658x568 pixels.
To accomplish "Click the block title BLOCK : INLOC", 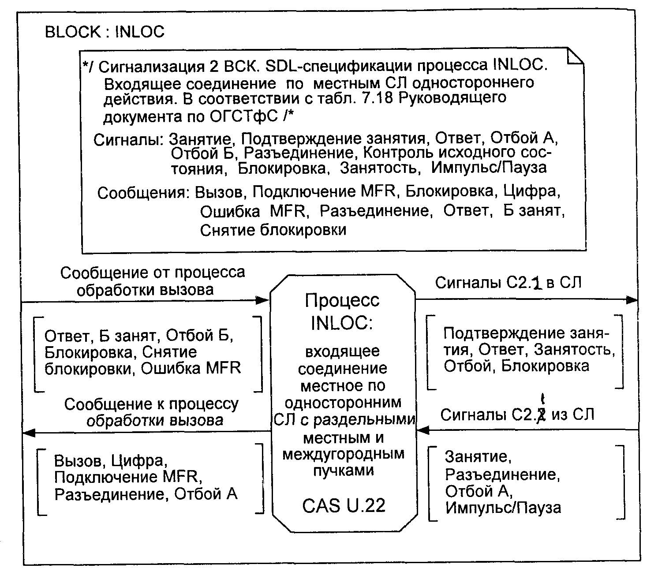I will point(105,32).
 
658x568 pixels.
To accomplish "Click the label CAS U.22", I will point(344,505).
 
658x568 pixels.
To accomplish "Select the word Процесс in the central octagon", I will point(342,301).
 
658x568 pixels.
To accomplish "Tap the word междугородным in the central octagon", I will point(343,454).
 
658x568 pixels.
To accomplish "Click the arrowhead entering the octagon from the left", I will point(263,301).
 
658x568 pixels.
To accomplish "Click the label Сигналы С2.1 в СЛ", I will point(508,283).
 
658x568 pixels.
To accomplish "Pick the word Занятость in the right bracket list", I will point(575,350).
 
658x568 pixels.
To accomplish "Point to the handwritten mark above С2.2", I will point(543,400).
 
